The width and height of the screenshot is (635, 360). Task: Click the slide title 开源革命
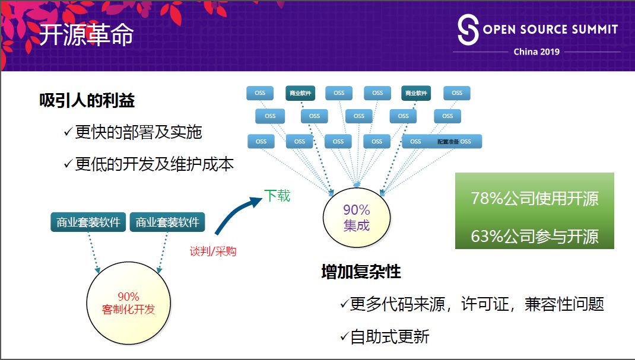point(86,35)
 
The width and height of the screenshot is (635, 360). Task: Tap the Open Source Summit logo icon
point(468,30)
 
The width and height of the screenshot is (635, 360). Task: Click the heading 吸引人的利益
point(87,101)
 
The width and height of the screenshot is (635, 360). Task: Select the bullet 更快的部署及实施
point(138,132)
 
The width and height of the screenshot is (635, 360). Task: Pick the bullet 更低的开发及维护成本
point(154,164)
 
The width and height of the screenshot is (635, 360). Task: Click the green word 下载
point(277,196)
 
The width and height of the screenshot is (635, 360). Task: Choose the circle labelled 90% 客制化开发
point(128,303)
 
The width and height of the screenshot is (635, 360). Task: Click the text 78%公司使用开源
point(534,199)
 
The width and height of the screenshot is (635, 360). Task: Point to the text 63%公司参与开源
point(534,236)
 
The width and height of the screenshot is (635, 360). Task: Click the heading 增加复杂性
point(361,272)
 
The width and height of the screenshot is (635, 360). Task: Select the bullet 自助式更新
point(389,337)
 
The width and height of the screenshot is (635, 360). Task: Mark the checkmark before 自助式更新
point(344,337)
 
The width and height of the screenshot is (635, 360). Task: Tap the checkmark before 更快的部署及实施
point(68,132)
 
